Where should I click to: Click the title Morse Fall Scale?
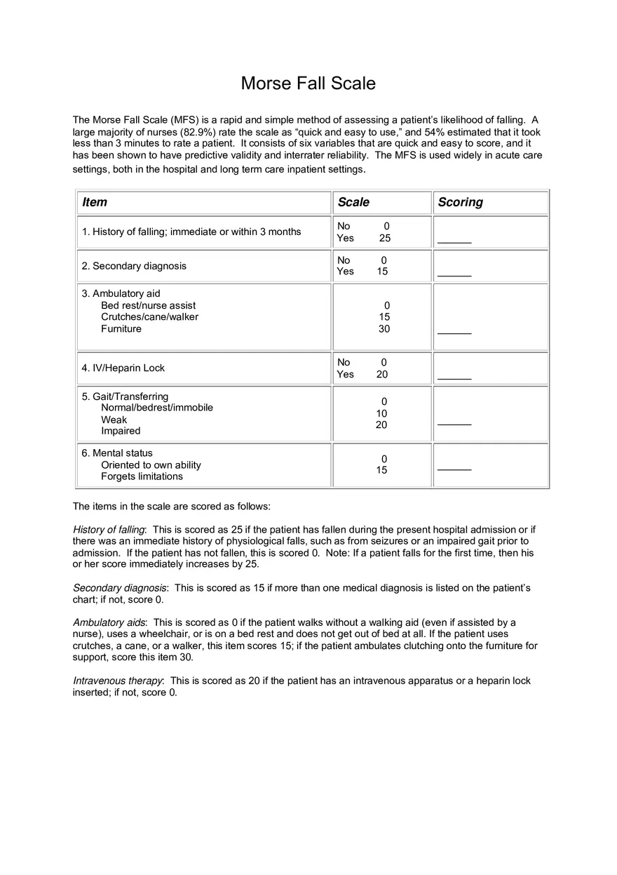[308, 84]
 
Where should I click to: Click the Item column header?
[95, 202]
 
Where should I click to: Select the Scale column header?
[353, 202]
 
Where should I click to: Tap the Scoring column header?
[460, 202]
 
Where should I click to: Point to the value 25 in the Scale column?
[384, 238]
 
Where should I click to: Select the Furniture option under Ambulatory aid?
[121, 328]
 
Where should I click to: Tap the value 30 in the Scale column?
[384, 328]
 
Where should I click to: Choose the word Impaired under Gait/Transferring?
[121, 431]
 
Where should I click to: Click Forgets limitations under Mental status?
[142, 476]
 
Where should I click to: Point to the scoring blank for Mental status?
[454, 469]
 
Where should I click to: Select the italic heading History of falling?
[109, 530]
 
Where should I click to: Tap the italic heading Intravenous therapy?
[118, 681]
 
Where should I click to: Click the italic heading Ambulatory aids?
[109, 622]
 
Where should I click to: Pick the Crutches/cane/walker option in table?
[149, 317]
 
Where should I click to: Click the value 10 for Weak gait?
[381, 413]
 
